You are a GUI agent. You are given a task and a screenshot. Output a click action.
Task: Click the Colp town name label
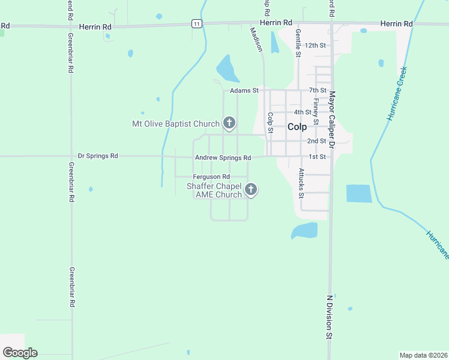297,127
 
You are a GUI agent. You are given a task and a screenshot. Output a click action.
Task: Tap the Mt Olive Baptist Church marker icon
229,124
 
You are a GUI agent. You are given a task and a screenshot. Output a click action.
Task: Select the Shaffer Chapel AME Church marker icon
252,190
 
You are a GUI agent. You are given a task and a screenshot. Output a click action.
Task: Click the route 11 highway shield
197,23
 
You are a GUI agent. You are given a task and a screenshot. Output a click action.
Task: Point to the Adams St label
244,91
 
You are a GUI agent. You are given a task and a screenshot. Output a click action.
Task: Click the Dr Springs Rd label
98,156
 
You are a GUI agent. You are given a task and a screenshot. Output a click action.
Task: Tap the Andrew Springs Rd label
222,158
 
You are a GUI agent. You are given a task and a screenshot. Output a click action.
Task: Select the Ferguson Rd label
211,177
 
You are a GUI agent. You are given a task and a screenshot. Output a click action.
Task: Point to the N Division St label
329,317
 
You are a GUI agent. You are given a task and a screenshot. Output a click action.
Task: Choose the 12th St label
315,45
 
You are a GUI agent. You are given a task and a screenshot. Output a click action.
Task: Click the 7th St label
317,91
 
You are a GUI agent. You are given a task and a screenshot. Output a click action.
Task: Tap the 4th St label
303,112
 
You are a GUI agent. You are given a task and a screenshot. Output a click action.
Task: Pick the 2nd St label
316,141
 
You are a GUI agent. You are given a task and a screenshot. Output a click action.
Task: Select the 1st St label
317,157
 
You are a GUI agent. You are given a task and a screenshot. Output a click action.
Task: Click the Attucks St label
301,182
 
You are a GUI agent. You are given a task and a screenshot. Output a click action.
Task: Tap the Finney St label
316,112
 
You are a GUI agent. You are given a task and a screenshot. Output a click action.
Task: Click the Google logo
20,353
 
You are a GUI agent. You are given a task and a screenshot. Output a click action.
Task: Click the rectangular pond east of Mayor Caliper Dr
359,194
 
